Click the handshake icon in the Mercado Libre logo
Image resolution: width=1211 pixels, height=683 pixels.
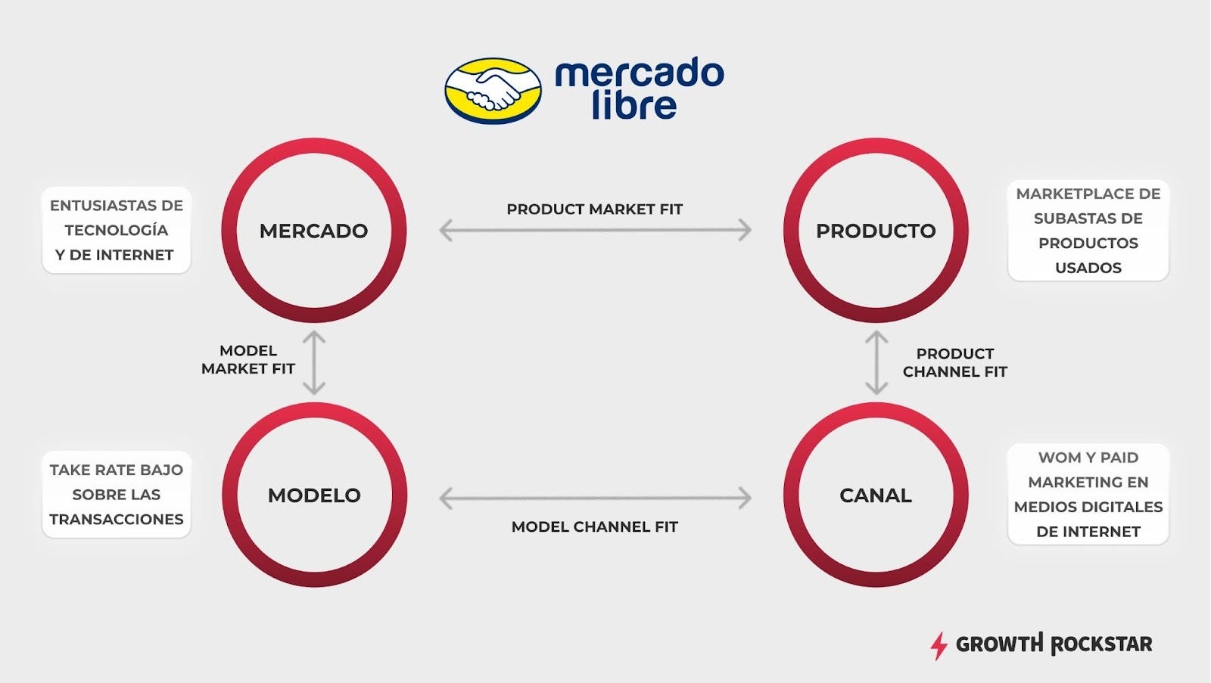(493, 91)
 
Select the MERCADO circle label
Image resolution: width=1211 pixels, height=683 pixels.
(313, 231)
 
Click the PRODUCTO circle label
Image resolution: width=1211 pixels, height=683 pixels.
(876, 231)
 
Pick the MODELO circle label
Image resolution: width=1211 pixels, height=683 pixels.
(314, 495)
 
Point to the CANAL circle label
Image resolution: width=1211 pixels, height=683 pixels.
(876, 495)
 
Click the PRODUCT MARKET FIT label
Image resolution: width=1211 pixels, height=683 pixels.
(595, 210)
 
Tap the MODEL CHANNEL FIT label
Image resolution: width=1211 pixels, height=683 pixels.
(595, 527)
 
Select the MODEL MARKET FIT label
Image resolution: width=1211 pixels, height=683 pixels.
(248, 360)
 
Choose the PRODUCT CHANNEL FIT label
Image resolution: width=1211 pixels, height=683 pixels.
(954, 363)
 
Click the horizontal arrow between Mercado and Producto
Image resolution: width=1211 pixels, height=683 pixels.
(595, 230)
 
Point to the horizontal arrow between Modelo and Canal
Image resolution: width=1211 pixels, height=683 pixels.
(595, 498)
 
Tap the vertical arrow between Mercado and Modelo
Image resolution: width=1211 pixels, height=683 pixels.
(314, 362)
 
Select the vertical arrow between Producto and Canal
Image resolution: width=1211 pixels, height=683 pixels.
(876, 362)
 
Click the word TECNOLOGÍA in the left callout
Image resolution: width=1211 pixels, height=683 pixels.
(116, 230)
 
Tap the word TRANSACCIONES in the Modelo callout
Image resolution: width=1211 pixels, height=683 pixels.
(117, 520)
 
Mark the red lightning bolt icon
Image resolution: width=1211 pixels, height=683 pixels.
(939, 646)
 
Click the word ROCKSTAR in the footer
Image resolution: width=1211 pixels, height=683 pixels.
(1102, 644)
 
